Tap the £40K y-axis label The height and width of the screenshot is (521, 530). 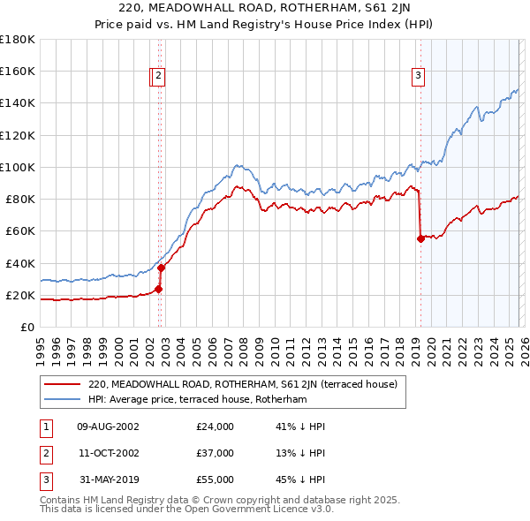19,263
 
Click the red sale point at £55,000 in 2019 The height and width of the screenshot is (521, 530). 420,238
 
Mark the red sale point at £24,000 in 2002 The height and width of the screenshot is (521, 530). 159,288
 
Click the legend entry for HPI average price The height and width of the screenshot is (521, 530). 196,399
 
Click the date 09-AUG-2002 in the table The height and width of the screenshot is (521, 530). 108,427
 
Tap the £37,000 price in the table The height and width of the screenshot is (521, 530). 215,453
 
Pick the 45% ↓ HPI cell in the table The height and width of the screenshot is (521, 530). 300,479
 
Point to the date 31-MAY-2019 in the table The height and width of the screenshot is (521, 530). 108,479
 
